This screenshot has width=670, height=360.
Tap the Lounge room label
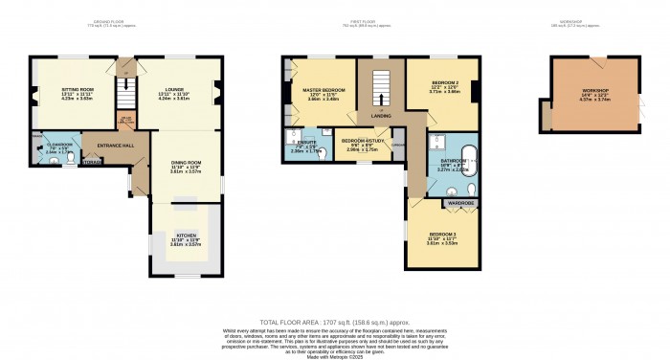click(x=174, y=92)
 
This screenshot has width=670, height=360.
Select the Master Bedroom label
click(x=323, y=92)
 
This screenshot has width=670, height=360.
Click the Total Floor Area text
click(x=334, y=323)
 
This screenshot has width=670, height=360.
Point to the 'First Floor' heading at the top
click(x=373, y=19)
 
